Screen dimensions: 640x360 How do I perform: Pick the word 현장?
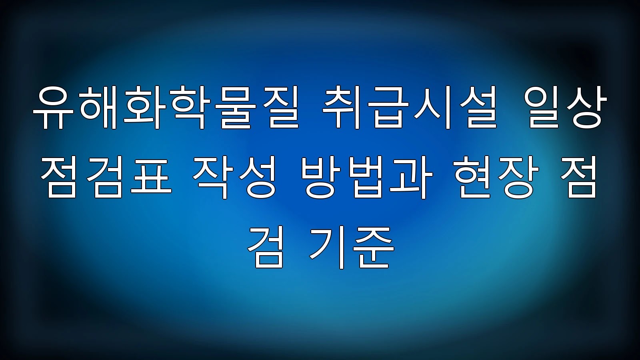click(x=496, y=177)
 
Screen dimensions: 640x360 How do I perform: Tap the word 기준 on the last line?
click(x=352, y=248)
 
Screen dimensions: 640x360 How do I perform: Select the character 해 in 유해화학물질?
click(x=99, y=108)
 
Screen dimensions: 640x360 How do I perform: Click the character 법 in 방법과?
click(x=368, y=177)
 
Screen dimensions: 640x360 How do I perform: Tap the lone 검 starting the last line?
click(x=266, y=248)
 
